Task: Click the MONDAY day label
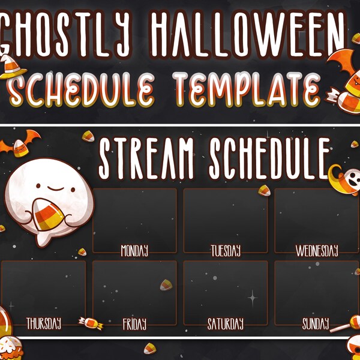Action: pyautogui.click(x=134, y=250)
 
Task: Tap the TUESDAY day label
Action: pyautogui.click(x=226, y=250)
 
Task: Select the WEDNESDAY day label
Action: pyautogui.click(x=317, y=250)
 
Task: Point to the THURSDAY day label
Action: pyautogui.click(x=43, y=324)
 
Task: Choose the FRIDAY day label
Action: pyautogui.click(x=134, y=325)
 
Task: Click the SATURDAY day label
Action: pyautogui.click(x=226, y=325)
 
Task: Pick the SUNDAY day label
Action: pyautogui.click(x=316, y=325)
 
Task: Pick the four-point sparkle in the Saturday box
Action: pyautogui.click(x=252, y=296)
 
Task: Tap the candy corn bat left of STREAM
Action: pyautogui.click(x=21, y=144)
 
